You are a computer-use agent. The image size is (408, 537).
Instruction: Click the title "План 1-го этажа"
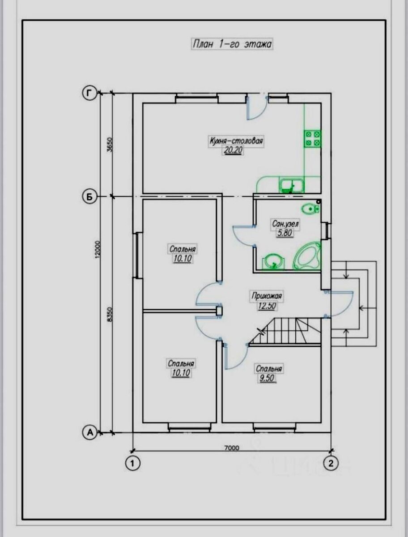232,44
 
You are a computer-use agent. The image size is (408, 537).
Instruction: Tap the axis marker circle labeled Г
89,93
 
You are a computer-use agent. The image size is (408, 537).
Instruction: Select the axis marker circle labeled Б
89,197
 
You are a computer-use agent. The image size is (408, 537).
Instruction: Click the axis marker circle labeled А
90,432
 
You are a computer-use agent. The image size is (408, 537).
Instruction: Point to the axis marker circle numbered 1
132,463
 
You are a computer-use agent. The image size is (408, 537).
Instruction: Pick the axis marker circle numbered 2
331,463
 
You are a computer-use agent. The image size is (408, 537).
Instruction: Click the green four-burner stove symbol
312,138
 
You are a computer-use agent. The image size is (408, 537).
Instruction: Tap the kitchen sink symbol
291,185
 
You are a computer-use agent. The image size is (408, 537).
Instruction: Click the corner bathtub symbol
307,256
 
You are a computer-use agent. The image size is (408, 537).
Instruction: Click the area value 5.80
285,233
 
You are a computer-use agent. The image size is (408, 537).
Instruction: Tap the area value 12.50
267,306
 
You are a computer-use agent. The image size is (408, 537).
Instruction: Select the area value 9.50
267,379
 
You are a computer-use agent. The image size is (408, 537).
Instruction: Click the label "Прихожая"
267,296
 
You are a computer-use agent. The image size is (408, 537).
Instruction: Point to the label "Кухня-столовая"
236,141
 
